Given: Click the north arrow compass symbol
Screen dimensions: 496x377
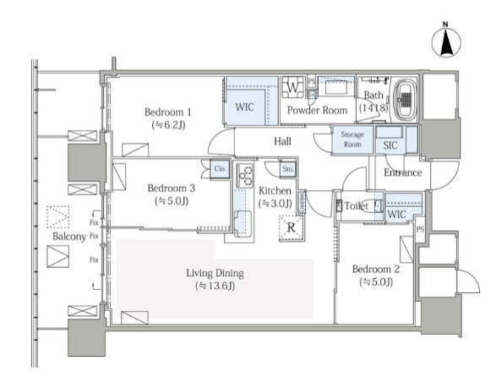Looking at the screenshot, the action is click(446, 42).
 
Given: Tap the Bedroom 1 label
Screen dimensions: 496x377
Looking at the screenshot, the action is click(168, 112).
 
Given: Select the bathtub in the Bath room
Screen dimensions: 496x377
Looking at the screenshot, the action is click(405, 98).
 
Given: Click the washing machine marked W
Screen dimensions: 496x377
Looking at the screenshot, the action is click(293, 87).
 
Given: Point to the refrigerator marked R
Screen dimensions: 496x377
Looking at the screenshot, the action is click(292, 227).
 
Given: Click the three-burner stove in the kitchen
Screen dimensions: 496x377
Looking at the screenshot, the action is click(245, 175).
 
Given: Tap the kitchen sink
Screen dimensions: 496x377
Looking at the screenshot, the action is click(243, 223).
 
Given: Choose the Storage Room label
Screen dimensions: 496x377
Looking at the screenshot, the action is click(352, 139).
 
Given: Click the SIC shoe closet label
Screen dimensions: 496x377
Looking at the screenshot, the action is click(390, 145).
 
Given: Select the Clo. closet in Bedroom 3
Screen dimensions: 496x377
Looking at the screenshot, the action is click(221, 169).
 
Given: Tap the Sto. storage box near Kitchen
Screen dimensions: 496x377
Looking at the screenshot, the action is click(288, 169).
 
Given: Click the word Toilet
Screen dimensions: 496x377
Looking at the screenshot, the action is click(357, 206).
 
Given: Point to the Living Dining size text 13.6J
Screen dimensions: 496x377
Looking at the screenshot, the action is click(215, 286).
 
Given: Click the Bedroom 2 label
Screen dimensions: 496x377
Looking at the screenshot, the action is click(376, 269).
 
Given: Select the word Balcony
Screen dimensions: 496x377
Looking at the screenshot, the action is click(69, 237).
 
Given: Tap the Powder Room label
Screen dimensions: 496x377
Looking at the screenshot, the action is click(317, 110).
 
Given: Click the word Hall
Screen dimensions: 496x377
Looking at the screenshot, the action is click(282, 141).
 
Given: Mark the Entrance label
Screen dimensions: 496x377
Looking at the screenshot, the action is click(403, 172).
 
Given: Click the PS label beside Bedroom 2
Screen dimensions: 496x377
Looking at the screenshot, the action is click(420, 229).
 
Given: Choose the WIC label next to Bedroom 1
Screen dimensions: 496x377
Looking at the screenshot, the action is click(244, 107).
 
